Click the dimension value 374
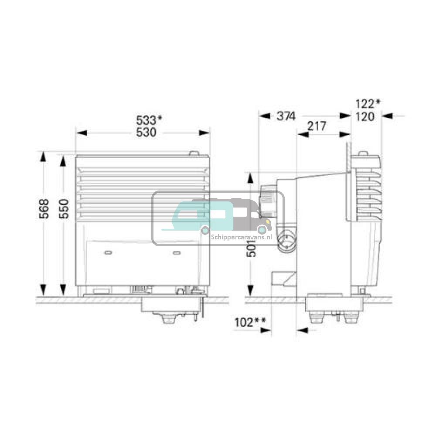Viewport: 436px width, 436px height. (x=286, y=116)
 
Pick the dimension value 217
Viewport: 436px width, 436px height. (x=317, y=126)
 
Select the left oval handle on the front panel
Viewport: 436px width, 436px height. (x=108, y=252)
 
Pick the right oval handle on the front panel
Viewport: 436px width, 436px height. (x=177, y=252)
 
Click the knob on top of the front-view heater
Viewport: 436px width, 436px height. (x=193, y=153)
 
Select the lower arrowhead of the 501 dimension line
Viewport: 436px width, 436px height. (x=250, y=290)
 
